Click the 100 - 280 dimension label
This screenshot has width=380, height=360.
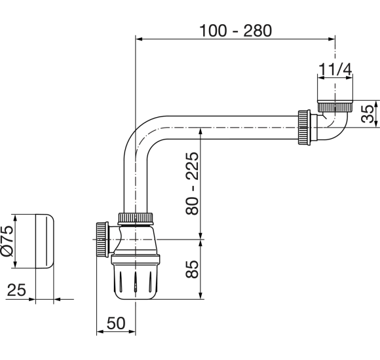click(x=236, y=31)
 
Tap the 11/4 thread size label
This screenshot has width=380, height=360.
click(x=335, y=69)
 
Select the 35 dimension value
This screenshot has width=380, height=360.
click(x=368, y=114)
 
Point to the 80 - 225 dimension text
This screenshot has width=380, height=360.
click(x=192, y=183)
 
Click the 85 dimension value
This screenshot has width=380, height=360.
click(x=192, y=269)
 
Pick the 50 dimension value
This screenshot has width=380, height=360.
click(x=116, y=323)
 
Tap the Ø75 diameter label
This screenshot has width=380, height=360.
click(x=7, y=241)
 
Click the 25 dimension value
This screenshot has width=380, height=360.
click(x=16, y=290)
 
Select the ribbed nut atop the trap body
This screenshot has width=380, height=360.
click(x=136, y=219)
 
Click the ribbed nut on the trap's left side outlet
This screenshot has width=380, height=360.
click(x=102, y=240)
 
